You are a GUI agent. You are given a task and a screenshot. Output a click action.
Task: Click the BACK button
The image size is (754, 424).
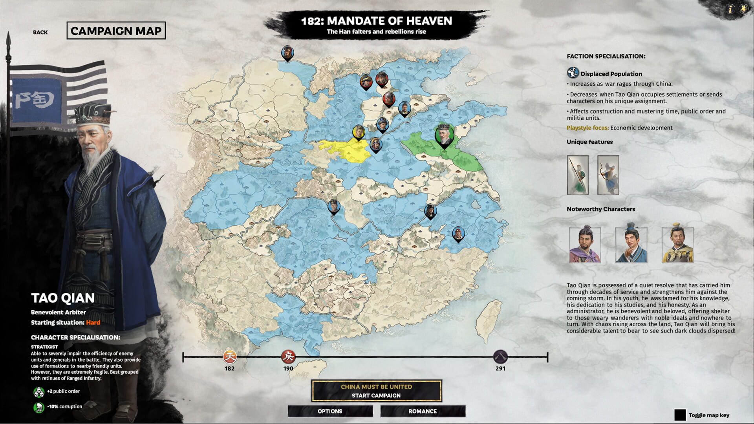pyautogui.click(x=40, y=32)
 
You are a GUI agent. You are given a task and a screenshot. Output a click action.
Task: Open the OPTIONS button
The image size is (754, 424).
pyautogui.click(x=330, y=411)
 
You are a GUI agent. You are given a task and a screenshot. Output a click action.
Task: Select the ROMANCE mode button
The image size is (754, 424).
pyautogui.click(x=423, y=411)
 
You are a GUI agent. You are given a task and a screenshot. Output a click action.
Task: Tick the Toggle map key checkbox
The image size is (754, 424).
pyautogui.click(x=680, y=415)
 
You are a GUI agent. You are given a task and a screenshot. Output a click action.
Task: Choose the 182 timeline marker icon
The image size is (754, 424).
pyautogui.click(x=230, y=356)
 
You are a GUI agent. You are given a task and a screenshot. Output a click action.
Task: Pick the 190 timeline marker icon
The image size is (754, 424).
pyautogui.click(x=288, y=356)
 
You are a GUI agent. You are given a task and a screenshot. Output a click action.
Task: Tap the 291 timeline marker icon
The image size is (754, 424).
pyautogui.click(x=500, y=356)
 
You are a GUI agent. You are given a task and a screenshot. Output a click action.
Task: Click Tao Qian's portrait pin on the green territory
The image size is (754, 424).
pyautogui.click(x=444, y=135)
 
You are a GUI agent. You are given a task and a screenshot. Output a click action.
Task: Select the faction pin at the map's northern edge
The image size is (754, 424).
pyautogui.click(x=287, y=53)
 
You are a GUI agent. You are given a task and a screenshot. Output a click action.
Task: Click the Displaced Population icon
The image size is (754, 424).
pyautogui.click(x=573, y=73)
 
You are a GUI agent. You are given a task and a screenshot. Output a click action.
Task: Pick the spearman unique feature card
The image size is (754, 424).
pyautogui.click(x=577, y=175)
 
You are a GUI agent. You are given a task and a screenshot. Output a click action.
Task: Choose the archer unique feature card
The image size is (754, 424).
pyautogui.click(x=608, y=175)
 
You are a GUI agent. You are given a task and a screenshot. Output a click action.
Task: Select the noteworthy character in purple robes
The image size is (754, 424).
pyautogui.click(x=585, y=245)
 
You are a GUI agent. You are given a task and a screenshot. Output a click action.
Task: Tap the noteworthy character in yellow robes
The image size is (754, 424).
pyautogui.click(x=677, y=245)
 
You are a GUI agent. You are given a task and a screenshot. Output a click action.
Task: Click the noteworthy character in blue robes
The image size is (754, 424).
pyautogui.click(x=631, y=245)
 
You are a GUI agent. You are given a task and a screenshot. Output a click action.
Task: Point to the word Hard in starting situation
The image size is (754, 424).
pyautogui.click(x=93, y=322)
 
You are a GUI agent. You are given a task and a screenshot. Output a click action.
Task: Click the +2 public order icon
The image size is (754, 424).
pyautogui.click(x=38, y=392)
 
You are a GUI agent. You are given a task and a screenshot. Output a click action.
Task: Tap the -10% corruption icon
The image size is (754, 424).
pyautogui.click(x=38, y=407)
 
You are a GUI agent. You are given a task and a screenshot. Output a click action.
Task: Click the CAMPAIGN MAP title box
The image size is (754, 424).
pyautogui.click(x=116, y=31)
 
